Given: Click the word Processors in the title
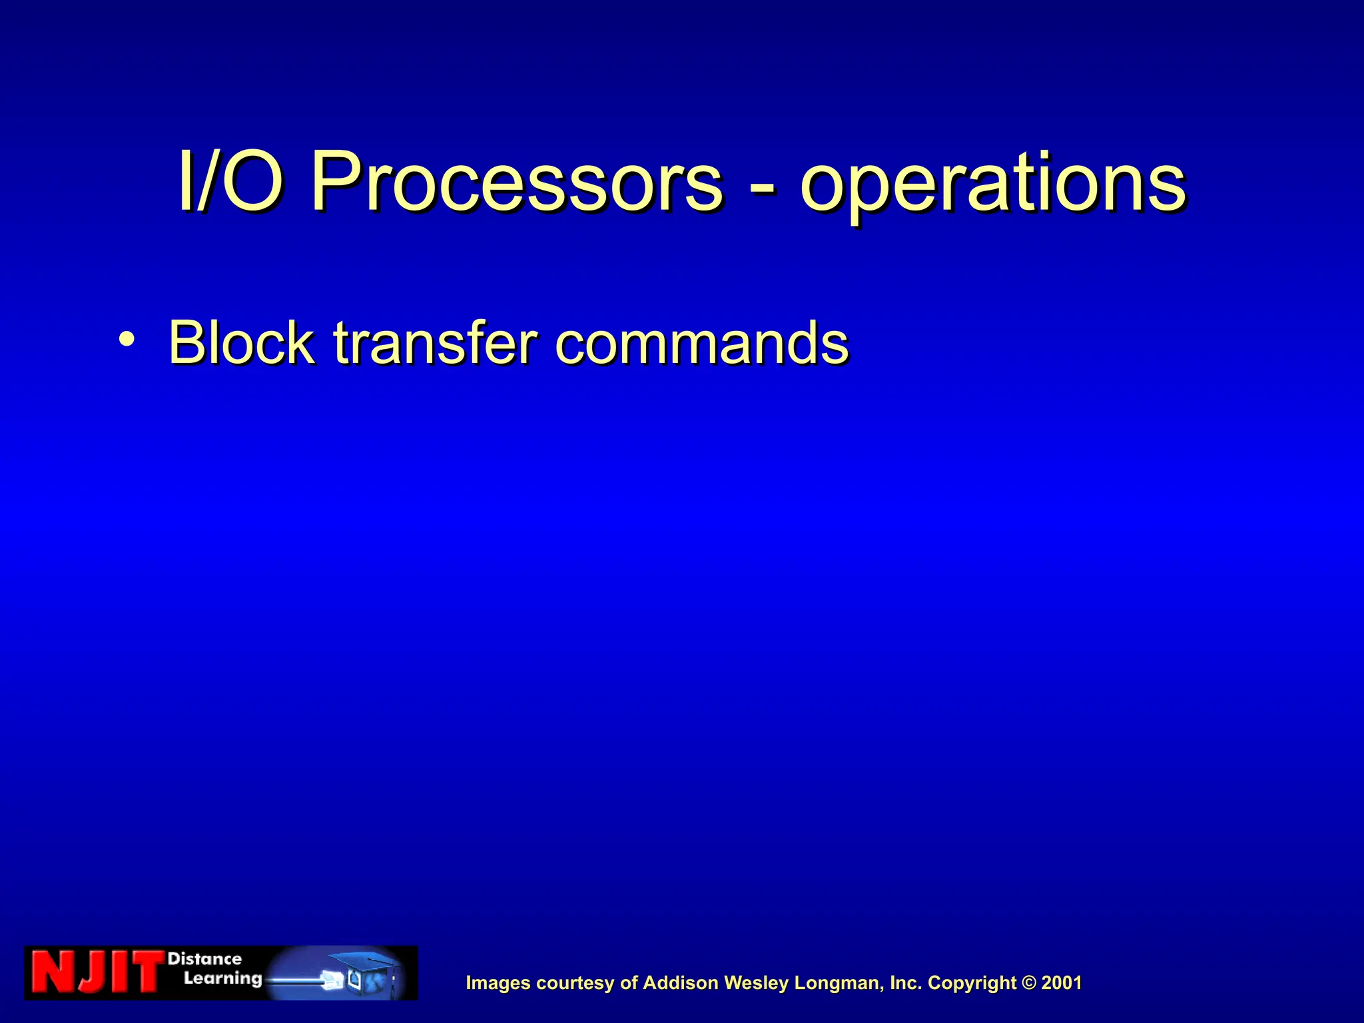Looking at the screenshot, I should [x=516, y=182].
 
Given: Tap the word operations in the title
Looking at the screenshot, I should [x=992, y=183].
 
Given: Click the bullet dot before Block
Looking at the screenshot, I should [x=127, y=340].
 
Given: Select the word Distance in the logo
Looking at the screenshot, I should [x=204, y=959].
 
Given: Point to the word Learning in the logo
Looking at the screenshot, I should [x=222, y=978].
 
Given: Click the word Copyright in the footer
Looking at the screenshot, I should [x=972, y=983].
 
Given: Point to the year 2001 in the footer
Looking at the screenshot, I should [x=1062, y=983].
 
